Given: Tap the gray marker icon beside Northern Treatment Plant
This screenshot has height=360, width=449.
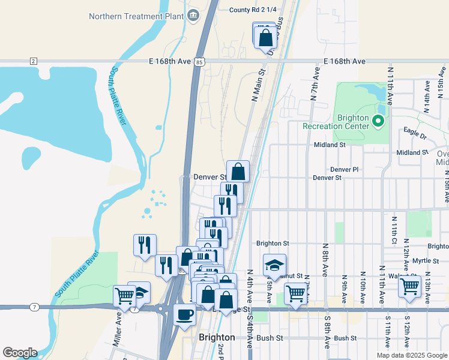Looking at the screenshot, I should (193, 16).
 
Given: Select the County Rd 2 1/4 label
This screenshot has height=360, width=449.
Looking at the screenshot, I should (253, 10).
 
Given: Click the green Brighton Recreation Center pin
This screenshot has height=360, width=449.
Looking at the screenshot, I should (378, 122).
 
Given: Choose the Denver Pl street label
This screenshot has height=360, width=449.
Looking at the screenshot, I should (344, 170).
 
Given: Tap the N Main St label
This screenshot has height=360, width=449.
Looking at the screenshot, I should (258, 85).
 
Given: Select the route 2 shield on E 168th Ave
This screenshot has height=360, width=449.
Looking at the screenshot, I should (33, 61).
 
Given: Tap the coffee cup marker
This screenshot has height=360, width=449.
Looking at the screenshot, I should (184, 314).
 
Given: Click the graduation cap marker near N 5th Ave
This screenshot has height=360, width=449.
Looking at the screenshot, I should (274, 265).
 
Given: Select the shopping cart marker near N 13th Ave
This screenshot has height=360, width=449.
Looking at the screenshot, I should (409, 286).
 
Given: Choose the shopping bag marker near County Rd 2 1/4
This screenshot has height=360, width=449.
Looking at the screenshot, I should (265, 38).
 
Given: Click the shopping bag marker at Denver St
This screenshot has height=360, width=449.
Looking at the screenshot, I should (238, 171).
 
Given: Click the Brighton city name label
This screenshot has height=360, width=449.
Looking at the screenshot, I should (217, 338).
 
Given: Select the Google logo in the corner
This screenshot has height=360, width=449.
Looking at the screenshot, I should (19, 353).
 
